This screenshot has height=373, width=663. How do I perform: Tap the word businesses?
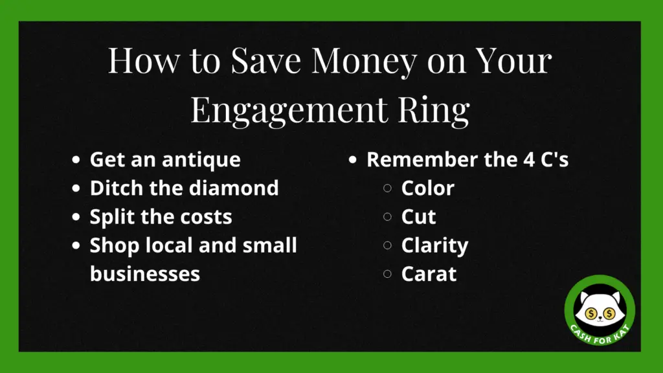144,274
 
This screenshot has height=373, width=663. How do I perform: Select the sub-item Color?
427,188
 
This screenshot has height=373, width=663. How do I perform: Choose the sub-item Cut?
418,216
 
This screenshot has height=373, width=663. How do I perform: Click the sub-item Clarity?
434,246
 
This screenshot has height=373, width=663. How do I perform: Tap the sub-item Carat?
429,274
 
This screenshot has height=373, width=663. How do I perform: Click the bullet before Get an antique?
76,160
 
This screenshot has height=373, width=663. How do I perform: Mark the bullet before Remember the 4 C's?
353,160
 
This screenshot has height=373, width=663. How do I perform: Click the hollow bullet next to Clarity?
387,245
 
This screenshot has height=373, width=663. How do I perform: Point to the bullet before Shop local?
76,245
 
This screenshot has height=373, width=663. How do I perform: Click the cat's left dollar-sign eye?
591,313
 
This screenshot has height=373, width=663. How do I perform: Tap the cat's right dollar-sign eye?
609,313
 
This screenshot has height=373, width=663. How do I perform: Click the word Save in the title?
265,62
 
